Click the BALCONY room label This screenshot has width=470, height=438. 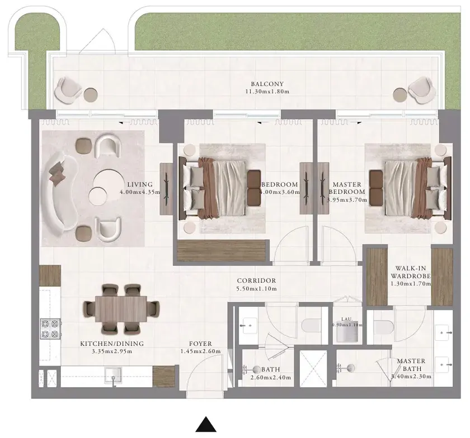click(x=267, y=84)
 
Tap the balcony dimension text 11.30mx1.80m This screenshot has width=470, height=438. click(x=267, y=91)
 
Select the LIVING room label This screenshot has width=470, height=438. click(x=140, y=184)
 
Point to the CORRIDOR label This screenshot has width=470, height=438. click(x=256, y=280)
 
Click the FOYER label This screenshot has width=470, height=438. click(x=200, y=344)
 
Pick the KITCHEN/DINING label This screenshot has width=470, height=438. click(x=112, y=344)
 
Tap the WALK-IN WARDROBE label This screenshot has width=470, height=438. click(x=411, y=272)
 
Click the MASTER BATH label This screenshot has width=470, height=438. click(x=411, y=365)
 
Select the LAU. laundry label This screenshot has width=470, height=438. click(x=347, y=319)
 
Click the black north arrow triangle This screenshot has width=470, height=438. click(x=206, y=425)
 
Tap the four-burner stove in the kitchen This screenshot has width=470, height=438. click(x=50, y=328)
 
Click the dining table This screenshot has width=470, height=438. click(x=121, y=309)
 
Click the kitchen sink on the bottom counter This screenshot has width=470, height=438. click(x=112, y=375)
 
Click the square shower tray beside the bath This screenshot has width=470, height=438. click(x=314, y=368)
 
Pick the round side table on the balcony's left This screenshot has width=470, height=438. click(x=91, y=95)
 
